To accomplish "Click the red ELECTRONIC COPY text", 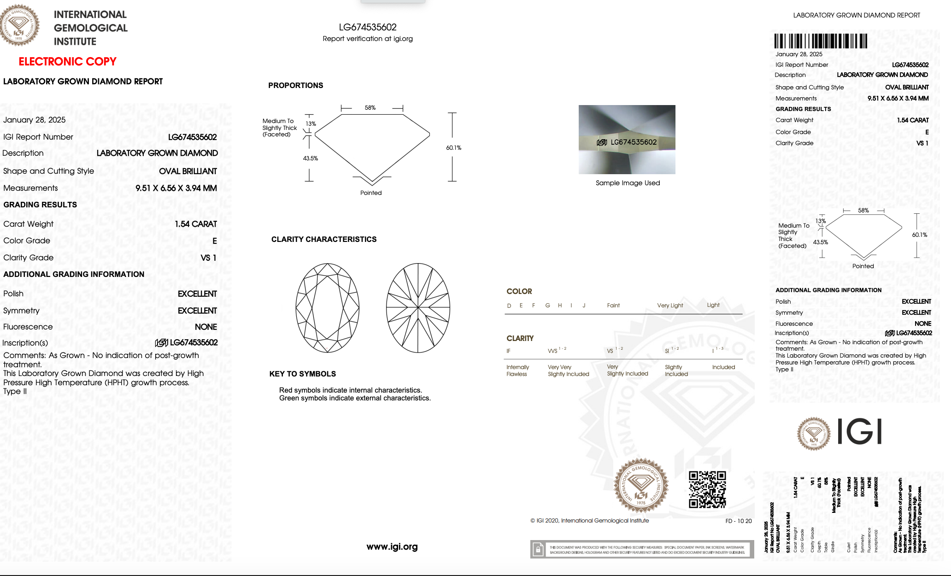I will pyautogui.click(x=67, y=61).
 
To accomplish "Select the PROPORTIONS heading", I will pyautogui.click(x=295, y=85).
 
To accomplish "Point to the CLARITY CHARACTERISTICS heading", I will pyautogui.click(x=323, y=239).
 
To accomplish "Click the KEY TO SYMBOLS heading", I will pyautogui.click(x=302, y=374).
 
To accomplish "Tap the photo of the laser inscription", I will pyautogui.click(x=627, y=140).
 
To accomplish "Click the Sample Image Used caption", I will pyautogui.click(x=628, y=183).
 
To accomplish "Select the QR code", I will pyautogui.click(x=707, y=489).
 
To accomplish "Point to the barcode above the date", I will pyautogui.click(x=820, y=41).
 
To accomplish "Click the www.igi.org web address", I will pyautogui.click(x=392, y=547).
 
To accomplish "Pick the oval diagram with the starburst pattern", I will pyautogui.click(x=418, y=308).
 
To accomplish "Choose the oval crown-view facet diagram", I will pyautogui.click(x=327, y=308).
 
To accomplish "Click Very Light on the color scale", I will pyautogui.click(x=670, y=306).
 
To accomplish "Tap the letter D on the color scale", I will pyautogui.click(x=509, y=306).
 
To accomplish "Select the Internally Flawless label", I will pyautogui.click(x=517, y=370).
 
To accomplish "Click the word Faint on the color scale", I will pyautogui.click(x=613, y=306).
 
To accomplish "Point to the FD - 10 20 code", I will pyautogui.click(x=738, y=521).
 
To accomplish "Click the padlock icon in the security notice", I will pyautogui.click(x=538, y=549).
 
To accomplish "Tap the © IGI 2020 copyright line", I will pyautogui.click(x=589, y=521).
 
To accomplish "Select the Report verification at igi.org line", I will pyautogui.click(x=368, y=39).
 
